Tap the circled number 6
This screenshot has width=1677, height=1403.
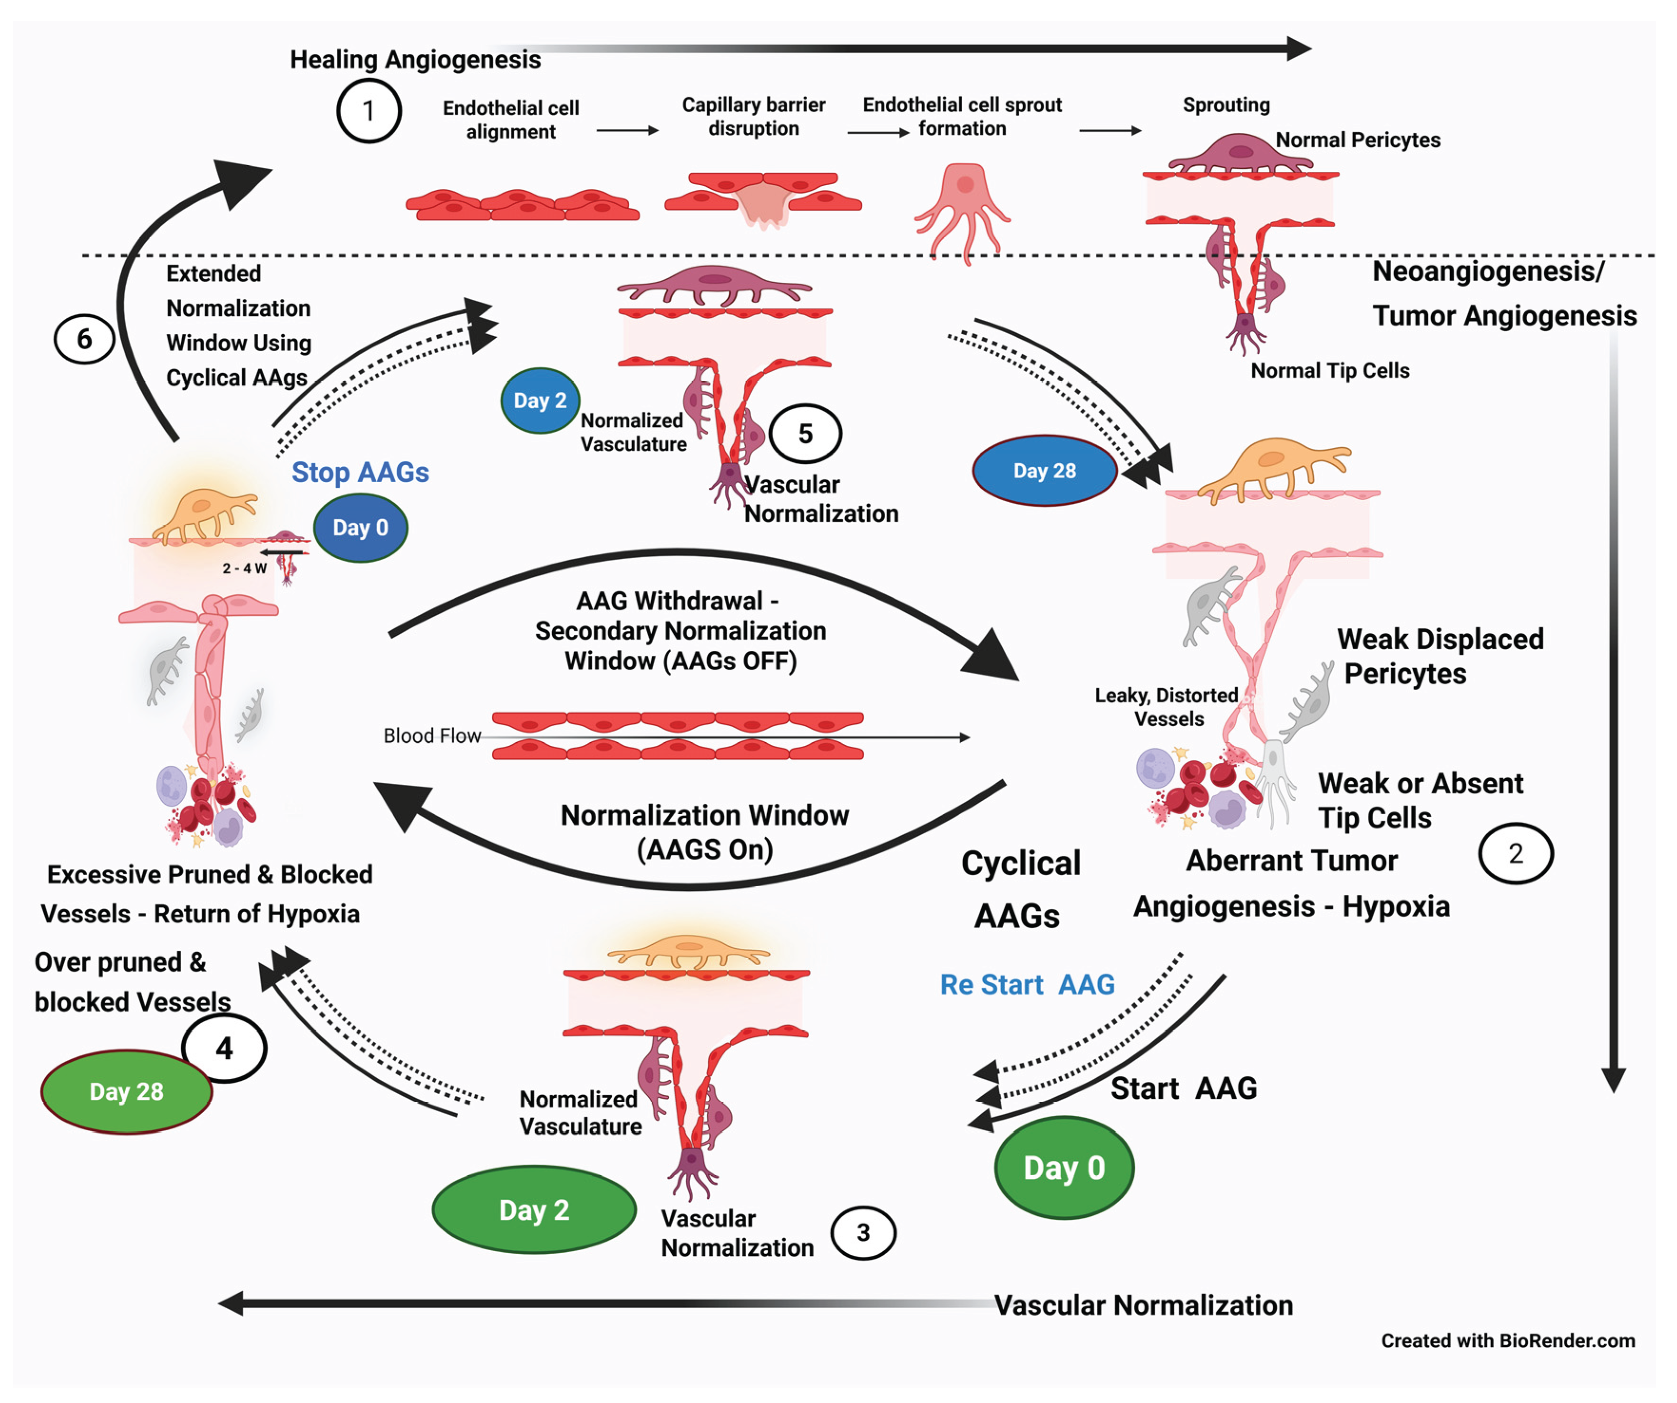[84, 339]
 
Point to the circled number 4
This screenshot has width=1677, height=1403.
[224, 1048]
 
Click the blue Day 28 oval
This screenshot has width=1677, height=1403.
[1044, 471]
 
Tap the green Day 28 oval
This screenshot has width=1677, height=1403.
[126, 1091]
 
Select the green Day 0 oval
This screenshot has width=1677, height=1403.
[1063, 1167]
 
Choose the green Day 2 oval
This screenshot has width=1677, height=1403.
[534, 1210]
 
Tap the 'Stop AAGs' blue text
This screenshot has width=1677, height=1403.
[360, 472]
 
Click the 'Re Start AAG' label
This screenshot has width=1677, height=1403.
[1027, 984]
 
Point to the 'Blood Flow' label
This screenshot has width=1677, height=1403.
[431, 736]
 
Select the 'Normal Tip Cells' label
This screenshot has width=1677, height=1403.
[1330, 371]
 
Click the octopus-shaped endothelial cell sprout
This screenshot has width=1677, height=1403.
[964, 209]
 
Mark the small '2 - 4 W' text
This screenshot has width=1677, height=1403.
[244, 569]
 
